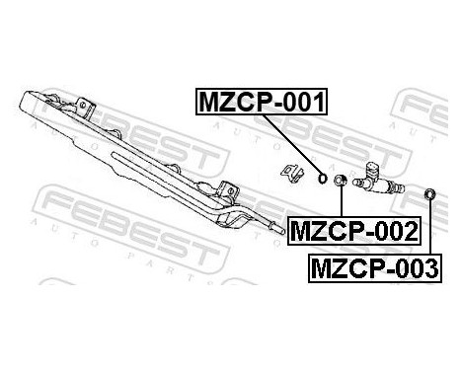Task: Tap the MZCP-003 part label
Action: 375,266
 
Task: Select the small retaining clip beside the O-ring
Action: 293,172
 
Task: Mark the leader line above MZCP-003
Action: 431,227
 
